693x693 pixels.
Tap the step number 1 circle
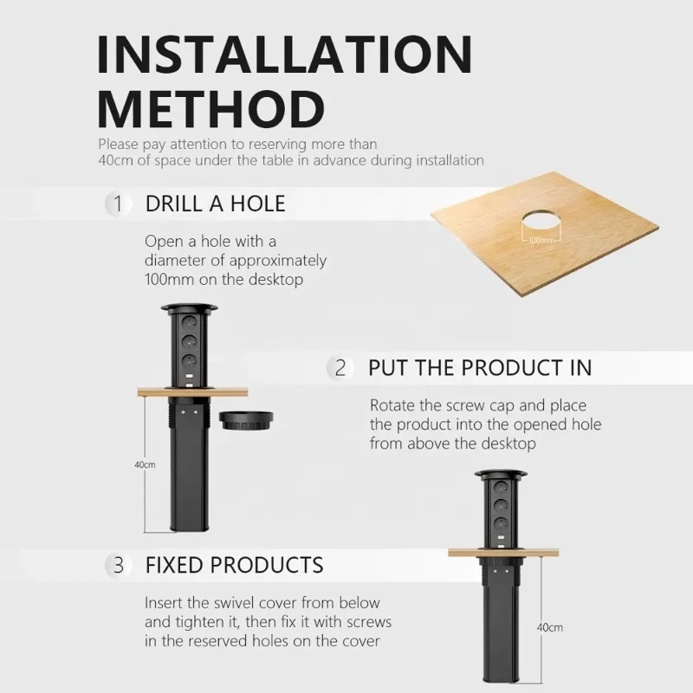(118, 204)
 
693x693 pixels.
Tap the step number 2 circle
(340, 367)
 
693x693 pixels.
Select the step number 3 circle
(118, 566)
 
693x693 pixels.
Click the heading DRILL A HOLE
(215, 204)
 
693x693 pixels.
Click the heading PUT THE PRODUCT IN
(479, 367)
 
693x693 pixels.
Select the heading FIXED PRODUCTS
(234, 566)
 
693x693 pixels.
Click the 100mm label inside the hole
(540, 240)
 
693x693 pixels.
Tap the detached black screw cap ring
(247, 420)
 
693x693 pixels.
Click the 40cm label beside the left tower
(145, 465)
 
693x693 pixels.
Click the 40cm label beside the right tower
(550, 627)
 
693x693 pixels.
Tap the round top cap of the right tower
(501, 474)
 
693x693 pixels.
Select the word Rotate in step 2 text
(392, 405)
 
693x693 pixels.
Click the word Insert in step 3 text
(163, 603)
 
